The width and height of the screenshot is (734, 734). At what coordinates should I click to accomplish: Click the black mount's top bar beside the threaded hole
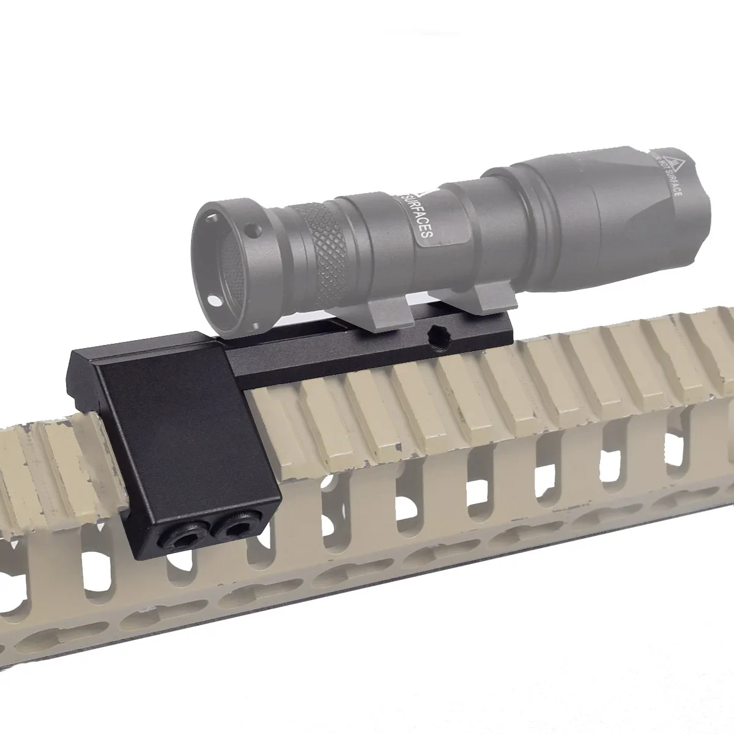(379, 355)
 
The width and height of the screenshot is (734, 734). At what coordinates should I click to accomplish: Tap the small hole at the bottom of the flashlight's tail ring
(214, 300)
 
